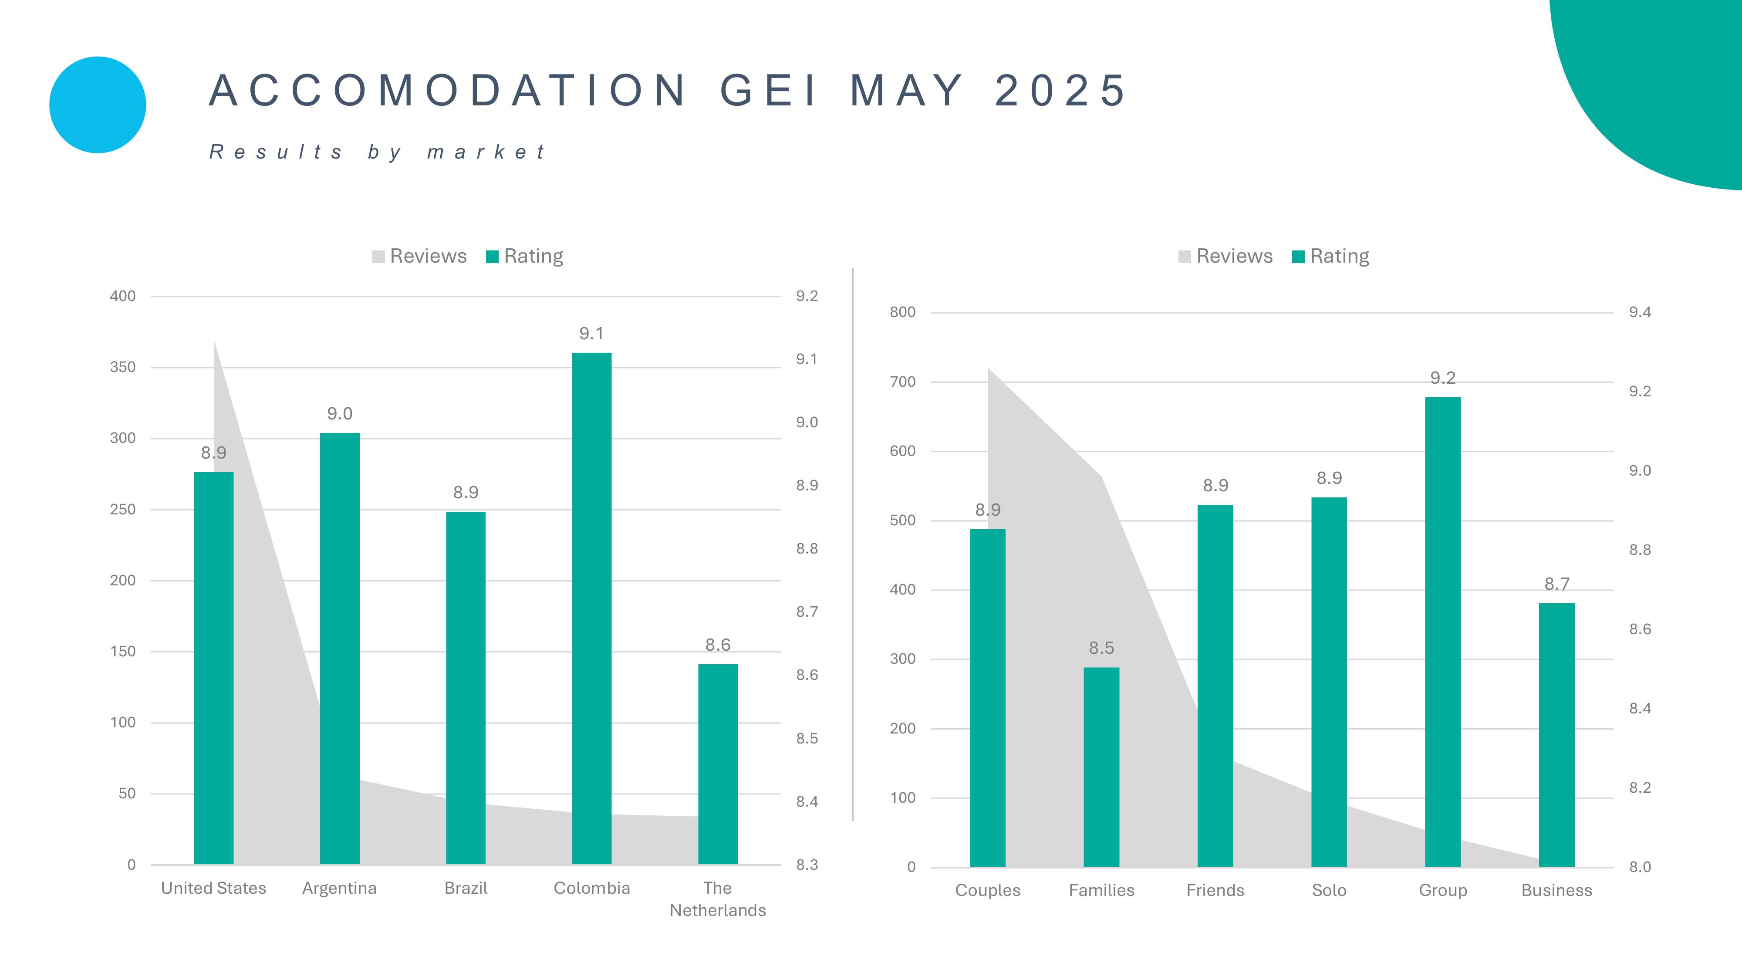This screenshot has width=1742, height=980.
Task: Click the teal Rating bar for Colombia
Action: tap(592, 609)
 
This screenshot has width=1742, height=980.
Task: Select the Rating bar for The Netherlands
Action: tap(718, 764)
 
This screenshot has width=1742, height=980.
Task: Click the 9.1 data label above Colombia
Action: tap(592, 334)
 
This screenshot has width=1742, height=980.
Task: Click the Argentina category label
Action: tap(340, 888)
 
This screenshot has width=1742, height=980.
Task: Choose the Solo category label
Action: tap(1329, 890)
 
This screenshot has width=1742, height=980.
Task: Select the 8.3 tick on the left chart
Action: tap(807, 865)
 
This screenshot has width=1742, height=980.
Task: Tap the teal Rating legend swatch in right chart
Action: tap(1298, 257)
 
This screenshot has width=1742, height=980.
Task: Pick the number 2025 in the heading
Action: tap(1060, 91)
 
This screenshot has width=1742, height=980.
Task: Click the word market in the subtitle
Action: tap(486, 152)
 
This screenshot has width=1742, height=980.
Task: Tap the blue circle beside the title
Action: tap(98, 105)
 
